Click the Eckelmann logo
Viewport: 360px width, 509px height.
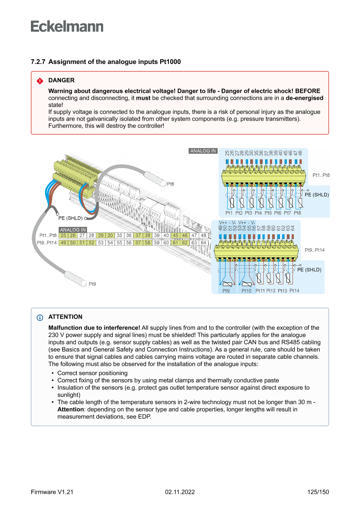click(x=67, y=26)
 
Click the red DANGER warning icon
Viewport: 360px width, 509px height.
click(x=40, y=81)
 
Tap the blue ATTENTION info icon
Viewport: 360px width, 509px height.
click(x=40, y=317)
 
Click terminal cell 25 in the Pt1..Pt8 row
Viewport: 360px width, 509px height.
click(x=64, y=235)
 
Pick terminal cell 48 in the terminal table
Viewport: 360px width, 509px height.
click(x=203, y=235)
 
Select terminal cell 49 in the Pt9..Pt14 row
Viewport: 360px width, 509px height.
click(x=64, y=243)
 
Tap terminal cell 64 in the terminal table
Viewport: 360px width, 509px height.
click(x=203, y=243)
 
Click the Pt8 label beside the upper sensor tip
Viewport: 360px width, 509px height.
click(x=171, y=184)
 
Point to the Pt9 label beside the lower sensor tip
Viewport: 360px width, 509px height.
click(x=92, y=284)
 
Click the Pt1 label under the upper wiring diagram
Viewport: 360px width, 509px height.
click(x=229, y=213)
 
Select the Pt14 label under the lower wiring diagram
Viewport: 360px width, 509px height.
click(x=294, y=290)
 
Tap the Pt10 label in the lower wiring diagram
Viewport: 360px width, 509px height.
click(x=246, y=290)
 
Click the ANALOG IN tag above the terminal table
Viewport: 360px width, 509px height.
click(x=73, y=229)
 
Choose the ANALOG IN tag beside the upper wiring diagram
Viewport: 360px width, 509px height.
click(x=203, y=151)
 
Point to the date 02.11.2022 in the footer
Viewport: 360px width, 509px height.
click(x=180, y=492)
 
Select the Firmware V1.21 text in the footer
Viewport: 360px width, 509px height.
click(x=52, y=492)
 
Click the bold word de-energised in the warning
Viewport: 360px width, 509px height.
click(x=304, y=98)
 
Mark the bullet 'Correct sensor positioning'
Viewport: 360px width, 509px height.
click(x=92, y=373)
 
